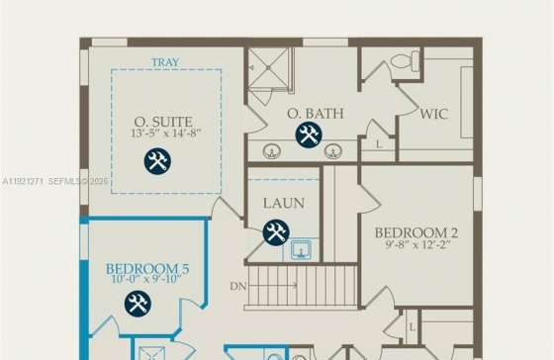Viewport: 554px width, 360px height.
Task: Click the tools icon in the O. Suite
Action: click(x=157, y=161)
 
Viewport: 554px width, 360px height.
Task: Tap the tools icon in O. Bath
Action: click(x=309, y=135)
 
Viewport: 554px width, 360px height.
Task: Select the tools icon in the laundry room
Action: click(x=276, y=232)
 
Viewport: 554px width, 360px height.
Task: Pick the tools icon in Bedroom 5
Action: click(x=138, y=304)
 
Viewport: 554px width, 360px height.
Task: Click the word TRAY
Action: click(x=165, y=62)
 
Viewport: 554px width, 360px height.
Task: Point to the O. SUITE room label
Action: click(x=163, y=122)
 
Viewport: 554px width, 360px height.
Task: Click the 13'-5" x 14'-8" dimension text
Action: click(x=166, y=134)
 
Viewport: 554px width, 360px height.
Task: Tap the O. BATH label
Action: click(x=316, y=114)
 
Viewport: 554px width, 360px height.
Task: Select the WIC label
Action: click(x=434, y=114)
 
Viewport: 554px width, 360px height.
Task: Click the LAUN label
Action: click(x=284, y=203)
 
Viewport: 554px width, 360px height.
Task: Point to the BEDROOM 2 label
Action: click(x=416, y=232)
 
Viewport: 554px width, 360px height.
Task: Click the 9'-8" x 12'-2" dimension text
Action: click(x=417, y=244)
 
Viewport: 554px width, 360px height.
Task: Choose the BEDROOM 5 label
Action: click(x=147, y=269)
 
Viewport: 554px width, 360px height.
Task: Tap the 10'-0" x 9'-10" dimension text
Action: click(x=146, y=279)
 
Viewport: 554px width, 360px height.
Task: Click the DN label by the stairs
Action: click(x=238, y=286)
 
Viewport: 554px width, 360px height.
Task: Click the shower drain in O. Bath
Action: click(x=268, y=67)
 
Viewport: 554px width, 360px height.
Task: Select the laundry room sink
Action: click(x=301, y=250)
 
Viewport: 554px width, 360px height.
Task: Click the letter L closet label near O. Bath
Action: click(x=379, y=144)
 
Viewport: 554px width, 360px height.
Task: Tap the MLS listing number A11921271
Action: click(x=23, y=182)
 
